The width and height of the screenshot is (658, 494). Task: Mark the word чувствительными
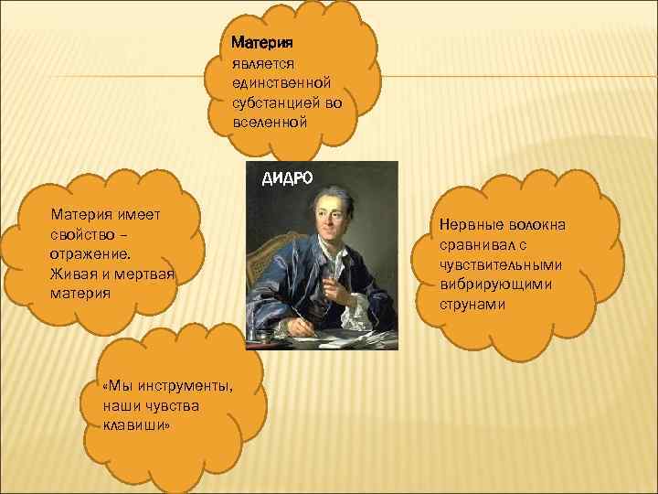tap(500, 265)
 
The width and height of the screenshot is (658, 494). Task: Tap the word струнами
tap(472, 306)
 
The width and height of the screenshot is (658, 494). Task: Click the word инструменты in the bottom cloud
tap(184, 385)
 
